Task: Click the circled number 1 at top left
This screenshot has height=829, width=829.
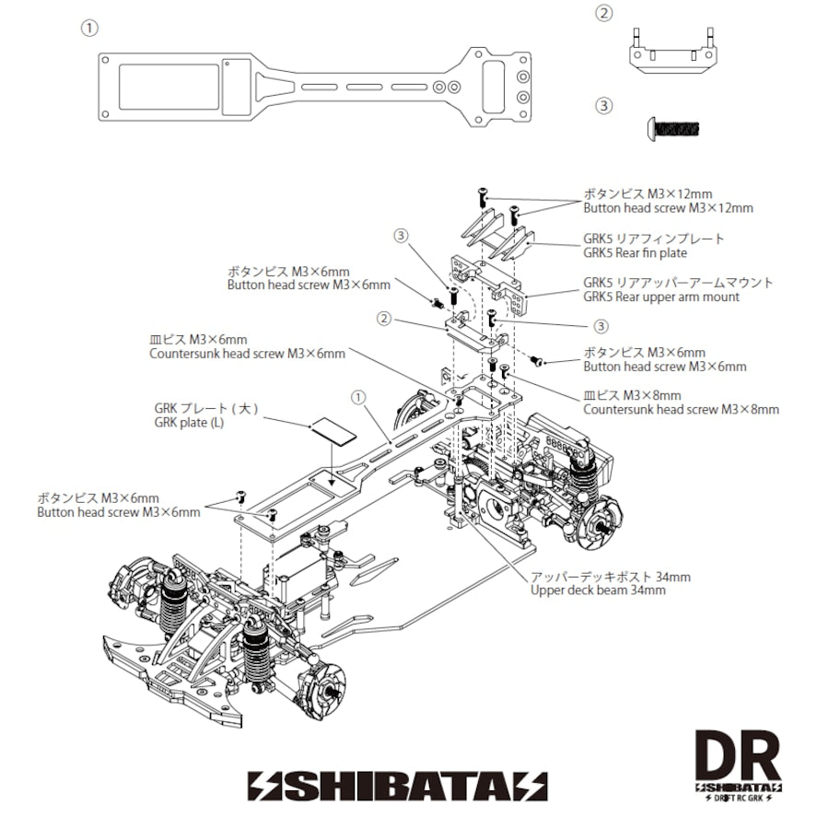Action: tap(89, 28)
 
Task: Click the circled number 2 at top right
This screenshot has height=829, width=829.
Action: tap(604, 13)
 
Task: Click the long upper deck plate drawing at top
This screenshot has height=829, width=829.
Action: tap(313, 87)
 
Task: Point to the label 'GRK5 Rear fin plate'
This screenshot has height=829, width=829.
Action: tap(635, 253)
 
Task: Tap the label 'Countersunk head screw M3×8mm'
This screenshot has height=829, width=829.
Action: tap(681, 409)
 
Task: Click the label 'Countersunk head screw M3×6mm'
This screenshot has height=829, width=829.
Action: tap(247, 354)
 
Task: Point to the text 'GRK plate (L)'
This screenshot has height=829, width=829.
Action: tap(189, 423)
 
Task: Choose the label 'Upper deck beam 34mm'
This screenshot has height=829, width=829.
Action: tap(598, 590)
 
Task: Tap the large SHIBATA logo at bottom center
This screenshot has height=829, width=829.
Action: tap(397, 785)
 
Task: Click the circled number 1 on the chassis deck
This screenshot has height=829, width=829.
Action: tap(358, 397)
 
